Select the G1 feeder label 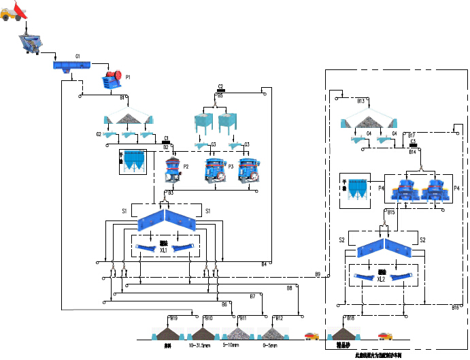click(x=78, y=56)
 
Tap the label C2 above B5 click(x=220, y=86)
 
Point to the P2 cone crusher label click(x=185, y=165)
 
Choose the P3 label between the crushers click(x=231, y=166)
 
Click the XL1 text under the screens click(x=163, y=250)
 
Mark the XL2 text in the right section click(x=381, y=279)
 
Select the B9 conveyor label click(x=318, y=274)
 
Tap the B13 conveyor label click(x=362, y=101)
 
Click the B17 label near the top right click(x=412, y=135)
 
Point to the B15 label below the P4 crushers click(x=390, y=213)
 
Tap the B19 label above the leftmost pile click(x=173, y=318)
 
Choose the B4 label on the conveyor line click(x=264, y=264)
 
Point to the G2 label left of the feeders click(x=99, y=134)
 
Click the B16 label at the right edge click(x=455, y=308)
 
